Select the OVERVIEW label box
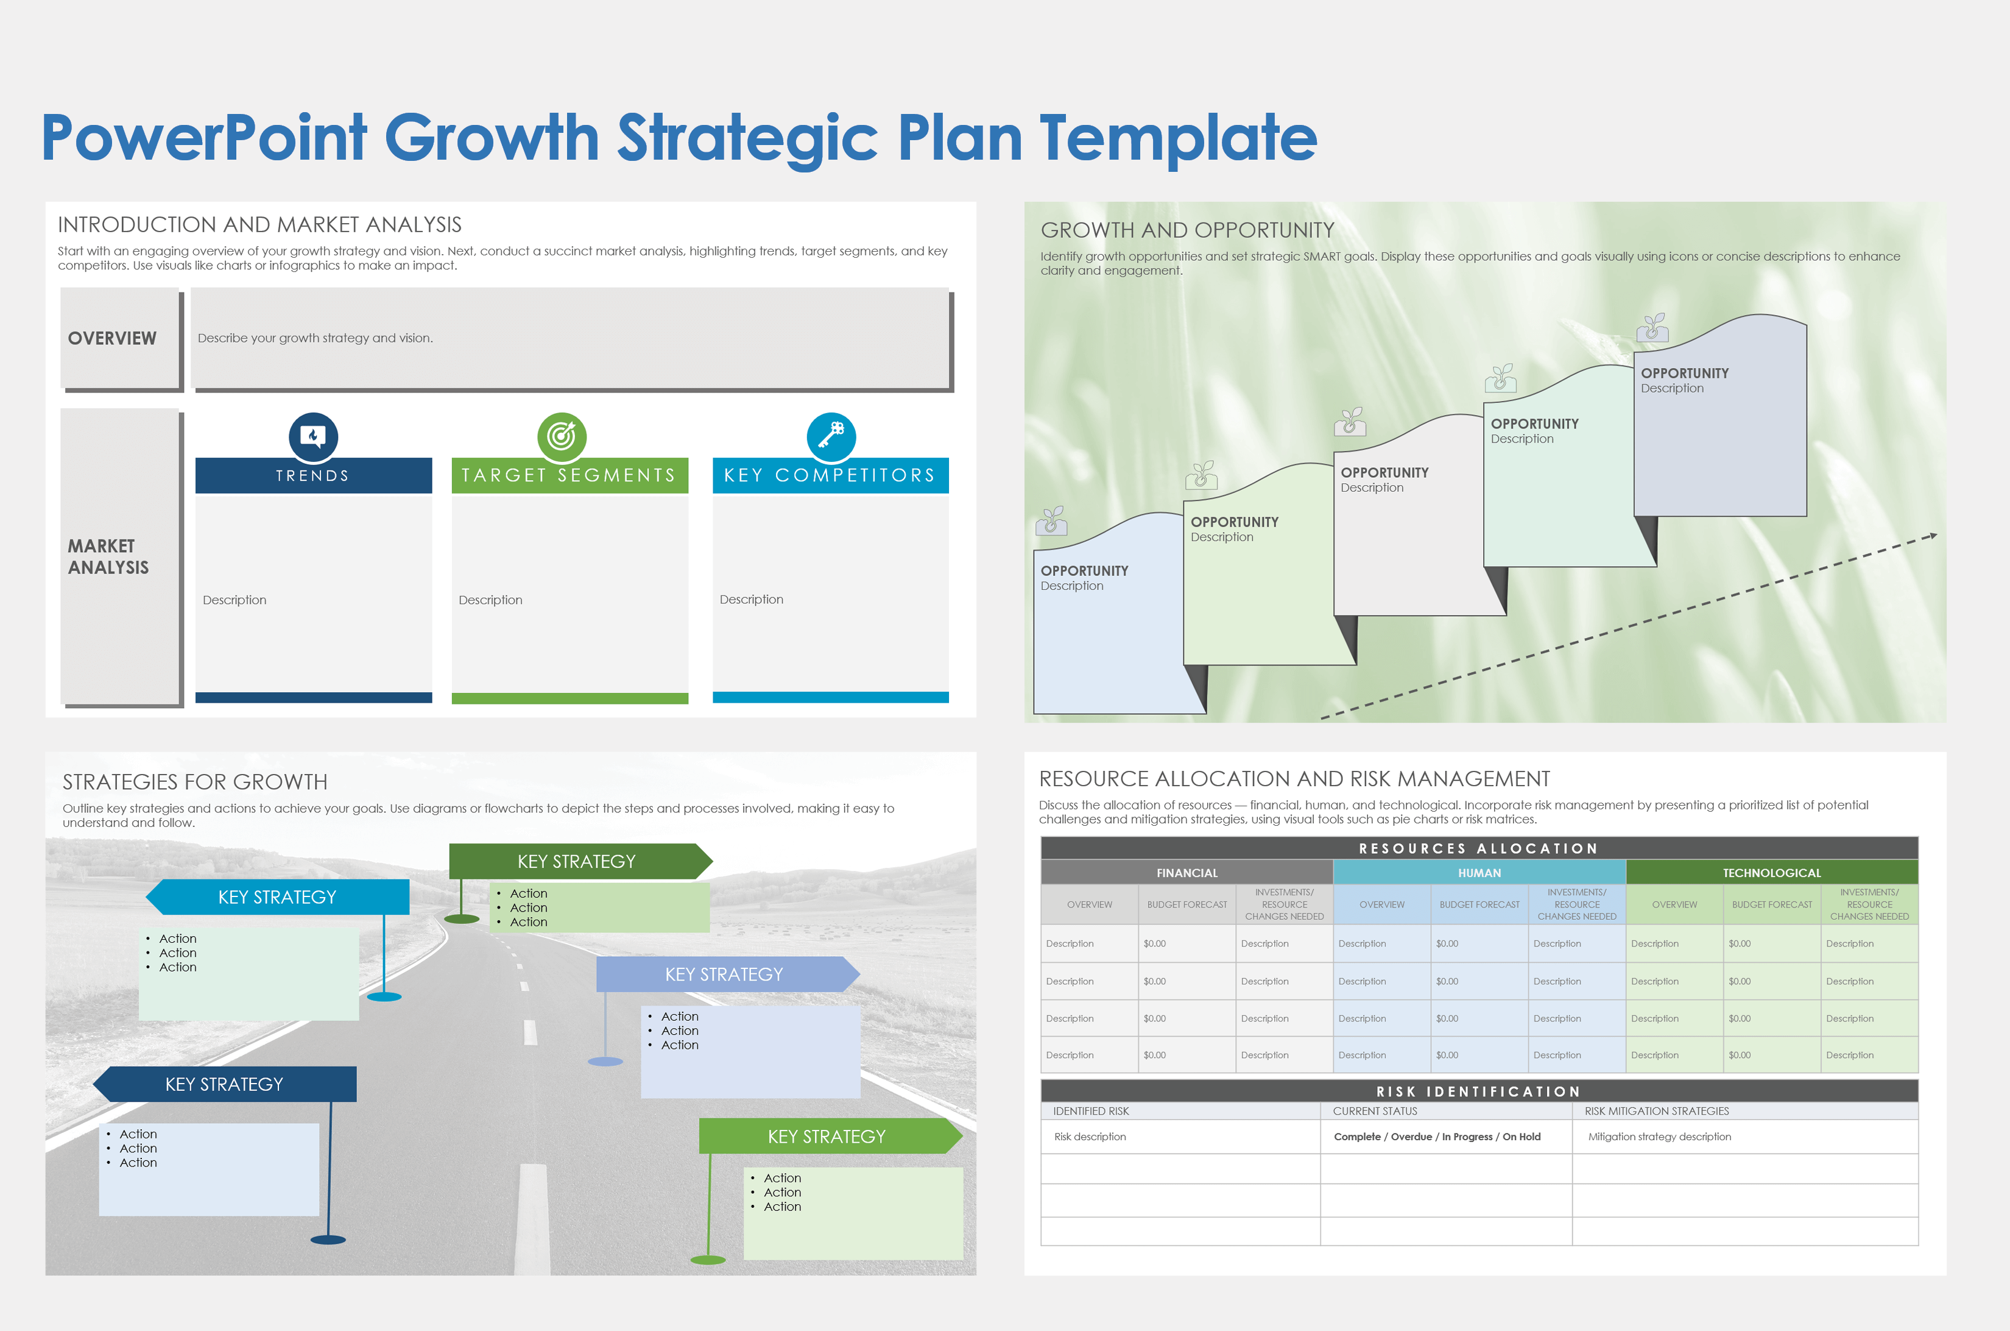(121, 339)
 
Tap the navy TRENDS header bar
(313, 475)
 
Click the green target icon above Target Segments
(562, 436)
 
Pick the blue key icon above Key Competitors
(831, 436)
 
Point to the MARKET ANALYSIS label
(108, 557)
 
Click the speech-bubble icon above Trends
(313, 436)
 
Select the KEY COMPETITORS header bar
(831, 475)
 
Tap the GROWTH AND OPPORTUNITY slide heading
(1187, 230)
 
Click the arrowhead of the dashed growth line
(1932, 536)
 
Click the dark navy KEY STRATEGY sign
(225, 1084)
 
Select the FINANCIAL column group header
(1187, 873)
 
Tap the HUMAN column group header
(1479, 873)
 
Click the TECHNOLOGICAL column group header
(1772, 873)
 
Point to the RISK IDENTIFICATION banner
(1479, 1091)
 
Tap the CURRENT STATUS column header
(1375, 1111)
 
